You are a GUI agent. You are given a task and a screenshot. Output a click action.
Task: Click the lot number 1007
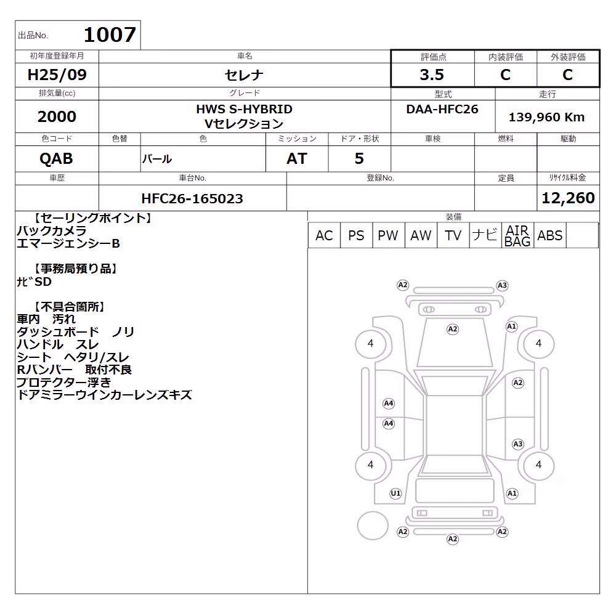[x=110, y=34]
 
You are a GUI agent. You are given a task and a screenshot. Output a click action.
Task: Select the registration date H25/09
[x=57, y=75]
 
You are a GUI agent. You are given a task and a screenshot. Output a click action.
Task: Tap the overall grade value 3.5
[x=432, y=75]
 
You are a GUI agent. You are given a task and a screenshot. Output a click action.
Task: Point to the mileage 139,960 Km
[x=546, y=117]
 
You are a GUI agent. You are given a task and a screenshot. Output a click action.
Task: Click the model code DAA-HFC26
[x=442, y=109]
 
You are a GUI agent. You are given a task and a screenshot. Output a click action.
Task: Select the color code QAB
[x=56, y=159]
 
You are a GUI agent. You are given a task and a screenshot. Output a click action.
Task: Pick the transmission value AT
[x=297, y=159]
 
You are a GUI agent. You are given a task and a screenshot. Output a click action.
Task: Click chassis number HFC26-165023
[x=192, y=198]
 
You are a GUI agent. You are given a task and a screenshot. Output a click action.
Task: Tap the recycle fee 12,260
[x=568, y=198]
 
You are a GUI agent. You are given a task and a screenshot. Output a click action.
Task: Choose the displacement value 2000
[x=57, y=116]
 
